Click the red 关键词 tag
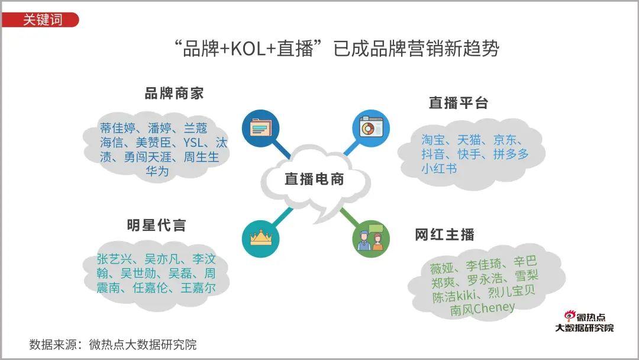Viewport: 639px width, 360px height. (41, 20)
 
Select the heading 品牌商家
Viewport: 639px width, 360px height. (174, 94)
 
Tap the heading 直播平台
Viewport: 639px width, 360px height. (459, 102)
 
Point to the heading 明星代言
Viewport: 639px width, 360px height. (156, 225)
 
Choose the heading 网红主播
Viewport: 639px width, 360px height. (444, 234)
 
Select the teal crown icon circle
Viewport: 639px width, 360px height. (260, 239)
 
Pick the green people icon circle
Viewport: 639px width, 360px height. (371, 239)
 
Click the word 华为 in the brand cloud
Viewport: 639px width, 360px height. (157, 171)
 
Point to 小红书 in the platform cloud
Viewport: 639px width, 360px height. (439, 168)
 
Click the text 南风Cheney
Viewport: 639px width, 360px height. (482, 309)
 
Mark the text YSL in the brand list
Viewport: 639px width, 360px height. (193, 143)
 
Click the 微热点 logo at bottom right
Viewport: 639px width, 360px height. (584, 322)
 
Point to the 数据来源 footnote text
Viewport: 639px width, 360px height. (112, 345)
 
